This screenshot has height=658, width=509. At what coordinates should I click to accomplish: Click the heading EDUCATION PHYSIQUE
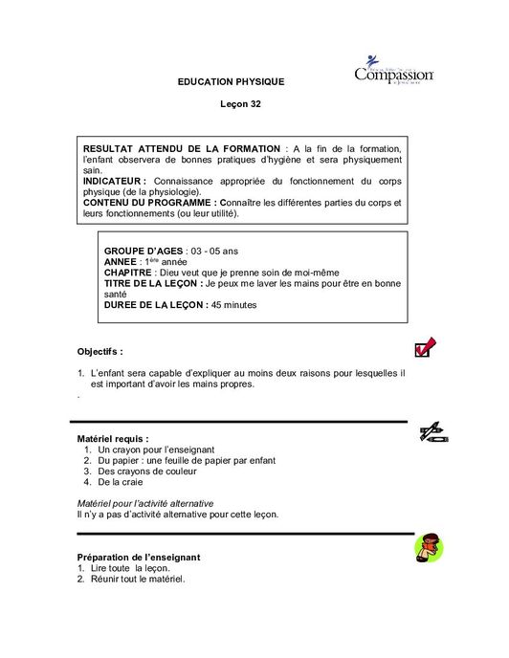[x=232, y=82]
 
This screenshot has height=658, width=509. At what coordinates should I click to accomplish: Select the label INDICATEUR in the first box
[x=114, y=180]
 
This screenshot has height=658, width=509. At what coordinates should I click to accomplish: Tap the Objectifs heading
[x=100, y=351]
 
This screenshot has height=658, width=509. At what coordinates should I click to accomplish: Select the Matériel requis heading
[x=112, y=437]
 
